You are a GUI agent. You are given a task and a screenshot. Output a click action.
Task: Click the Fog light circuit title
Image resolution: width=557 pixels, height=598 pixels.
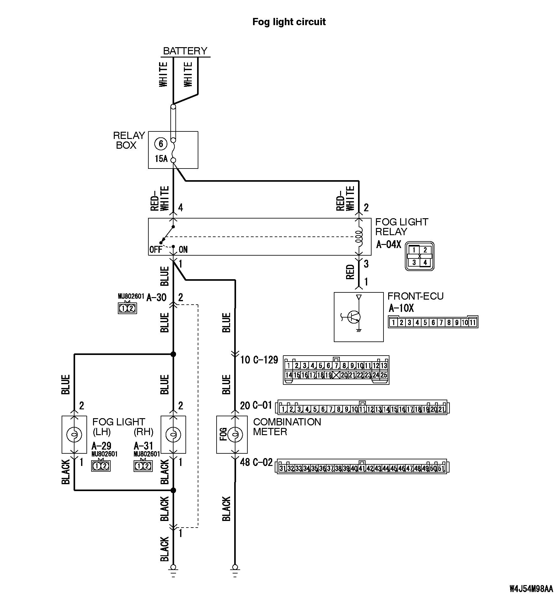[289, 22]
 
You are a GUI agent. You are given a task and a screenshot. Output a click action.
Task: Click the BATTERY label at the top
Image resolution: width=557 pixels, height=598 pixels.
[185, 51]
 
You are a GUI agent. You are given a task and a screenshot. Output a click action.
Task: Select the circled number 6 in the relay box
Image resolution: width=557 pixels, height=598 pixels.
[161, 144]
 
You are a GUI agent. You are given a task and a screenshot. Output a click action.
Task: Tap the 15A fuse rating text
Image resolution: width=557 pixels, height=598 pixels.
[161, 159]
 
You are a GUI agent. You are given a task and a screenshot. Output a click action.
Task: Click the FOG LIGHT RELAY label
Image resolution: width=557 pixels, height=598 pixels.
[401, 227]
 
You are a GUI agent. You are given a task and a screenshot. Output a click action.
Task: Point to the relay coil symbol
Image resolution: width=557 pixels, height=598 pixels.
[359, 236]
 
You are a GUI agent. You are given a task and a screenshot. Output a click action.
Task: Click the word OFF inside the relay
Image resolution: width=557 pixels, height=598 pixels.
[156, 250]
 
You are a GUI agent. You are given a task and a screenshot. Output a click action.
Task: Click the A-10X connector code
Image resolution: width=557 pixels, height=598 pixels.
[401, 308]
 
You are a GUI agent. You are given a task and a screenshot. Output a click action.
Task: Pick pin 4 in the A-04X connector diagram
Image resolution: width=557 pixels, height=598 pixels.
[425, 262]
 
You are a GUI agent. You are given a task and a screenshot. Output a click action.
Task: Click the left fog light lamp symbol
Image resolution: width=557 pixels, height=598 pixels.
[74, 435]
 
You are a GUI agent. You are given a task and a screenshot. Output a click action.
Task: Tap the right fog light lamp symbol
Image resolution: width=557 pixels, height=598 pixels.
[173, 435]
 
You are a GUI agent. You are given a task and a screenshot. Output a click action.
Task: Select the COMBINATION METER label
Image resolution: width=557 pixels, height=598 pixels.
[287, 427]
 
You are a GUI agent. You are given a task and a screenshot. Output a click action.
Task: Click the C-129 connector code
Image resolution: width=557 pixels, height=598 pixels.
[266, 360]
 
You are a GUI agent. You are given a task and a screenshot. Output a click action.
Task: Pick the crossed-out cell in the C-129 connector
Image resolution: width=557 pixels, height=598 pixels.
[336, 375]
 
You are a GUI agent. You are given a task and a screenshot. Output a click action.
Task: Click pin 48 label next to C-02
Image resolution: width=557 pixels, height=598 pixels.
[245, 462]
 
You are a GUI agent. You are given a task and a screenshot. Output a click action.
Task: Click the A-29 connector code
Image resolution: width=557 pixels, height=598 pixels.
[101, 446]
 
